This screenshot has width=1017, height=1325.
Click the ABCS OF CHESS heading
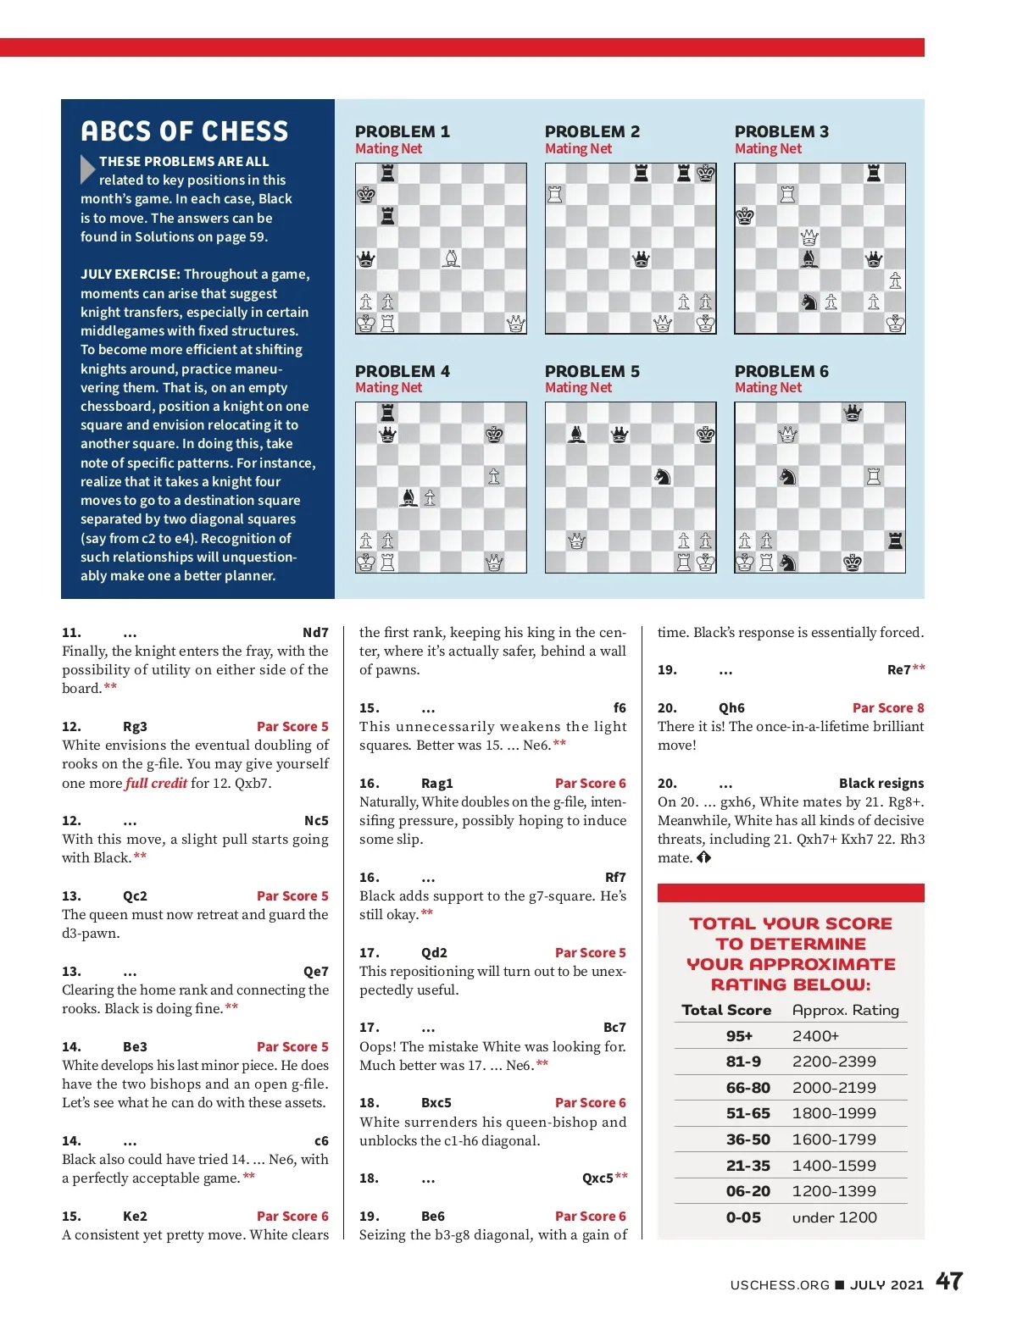coord(185,131)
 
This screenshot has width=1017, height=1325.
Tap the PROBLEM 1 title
coord(403,131)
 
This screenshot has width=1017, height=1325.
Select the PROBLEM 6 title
coord(781,371)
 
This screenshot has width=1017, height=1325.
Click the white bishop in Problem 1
coord(452,258)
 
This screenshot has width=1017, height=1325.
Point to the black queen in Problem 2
coord(642,258)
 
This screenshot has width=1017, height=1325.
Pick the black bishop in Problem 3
coord(809,258)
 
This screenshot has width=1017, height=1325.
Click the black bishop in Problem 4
coord(408,497)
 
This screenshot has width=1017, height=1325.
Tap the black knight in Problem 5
coord(663,476)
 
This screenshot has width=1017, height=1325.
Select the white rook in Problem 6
coord(874,476)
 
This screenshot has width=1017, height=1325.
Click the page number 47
coord(949,1281)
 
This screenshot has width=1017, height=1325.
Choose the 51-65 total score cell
coord(747,1113)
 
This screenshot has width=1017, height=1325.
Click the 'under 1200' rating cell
coord(834,1217)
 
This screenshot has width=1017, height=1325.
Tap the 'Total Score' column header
coord(726,1010)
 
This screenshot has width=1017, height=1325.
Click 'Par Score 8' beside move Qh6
coord(888,708)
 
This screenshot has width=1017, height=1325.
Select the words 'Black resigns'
coord(881,784)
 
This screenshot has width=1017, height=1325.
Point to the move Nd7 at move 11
coord(315,633)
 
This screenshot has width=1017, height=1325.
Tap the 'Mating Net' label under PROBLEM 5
coord(578,388)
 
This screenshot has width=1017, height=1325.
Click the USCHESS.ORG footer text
coord(780,1285)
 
